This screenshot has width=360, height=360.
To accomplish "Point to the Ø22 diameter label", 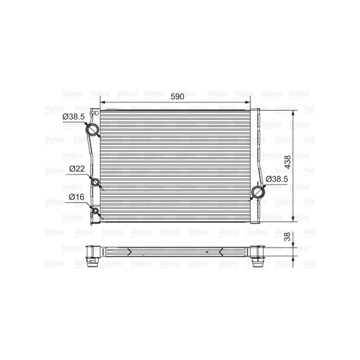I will point(77,169).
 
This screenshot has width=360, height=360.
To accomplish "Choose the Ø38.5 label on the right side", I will point(275,179).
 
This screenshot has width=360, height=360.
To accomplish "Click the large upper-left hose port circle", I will point(94,130).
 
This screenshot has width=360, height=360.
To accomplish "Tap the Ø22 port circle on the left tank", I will point(95,182).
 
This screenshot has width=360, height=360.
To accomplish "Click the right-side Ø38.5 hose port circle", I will point(258,191).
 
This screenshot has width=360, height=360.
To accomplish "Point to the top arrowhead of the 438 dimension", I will point(293,112).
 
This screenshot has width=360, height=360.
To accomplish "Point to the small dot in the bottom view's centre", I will point(207,252).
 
